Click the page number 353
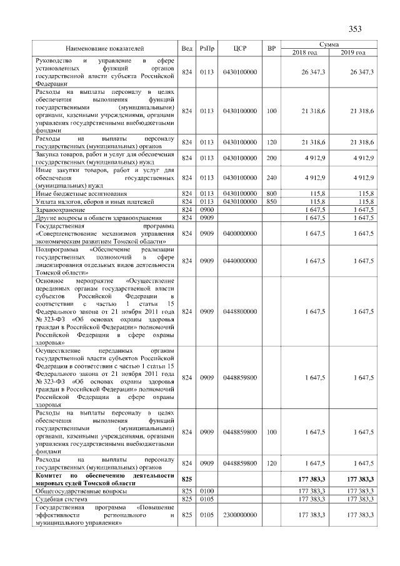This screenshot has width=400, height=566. tap(355, 29)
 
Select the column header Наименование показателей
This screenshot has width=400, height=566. tap(104, 48)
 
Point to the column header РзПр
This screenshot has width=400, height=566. tap(207, 48)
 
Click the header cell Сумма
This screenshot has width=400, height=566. tap(329, 44)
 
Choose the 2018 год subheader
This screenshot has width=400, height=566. tap(305, 52)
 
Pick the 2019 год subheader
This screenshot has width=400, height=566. tap(353, 52)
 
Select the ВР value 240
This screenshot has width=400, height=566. tap(271, 178)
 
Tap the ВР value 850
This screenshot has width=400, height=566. tap(271, 201)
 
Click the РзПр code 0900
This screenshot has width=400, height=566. tap(207, 210)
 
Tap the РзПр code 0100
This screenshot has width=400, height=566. tap(207, 492)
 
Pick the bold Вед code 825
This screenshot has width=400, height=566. tap(186, 478)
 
